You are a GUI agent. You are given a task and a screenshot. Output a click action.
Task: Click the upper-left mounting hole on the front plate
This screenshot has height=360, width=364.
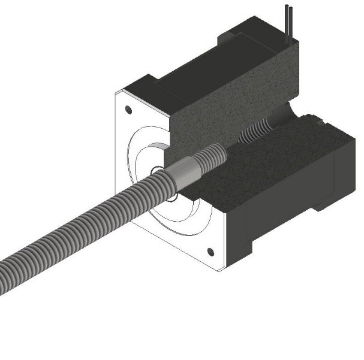128,110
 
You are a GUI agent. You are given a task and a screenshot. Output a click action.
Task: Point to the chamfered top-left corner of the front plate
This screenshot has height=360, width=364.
120,93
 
